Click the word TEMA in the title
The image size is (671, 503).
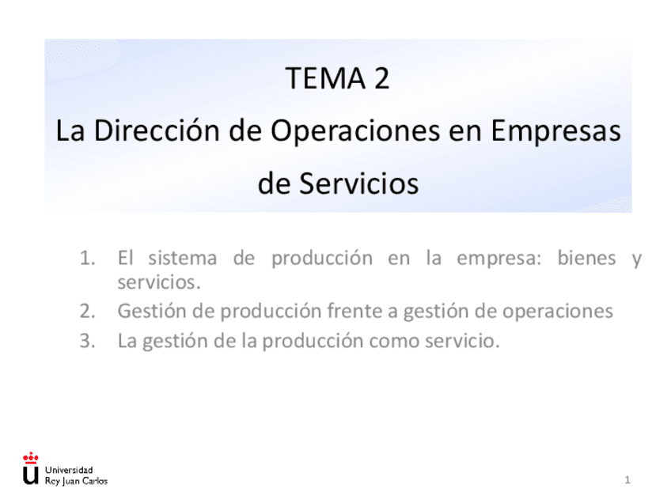[326, 78]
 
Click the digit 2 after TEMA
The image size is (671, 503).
[382, 78]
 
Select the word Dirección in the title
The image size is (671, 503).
[156, 130]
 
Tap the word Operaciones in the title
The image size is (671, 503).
[355, 130]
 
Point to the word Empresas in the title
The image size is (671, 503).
[556, 130]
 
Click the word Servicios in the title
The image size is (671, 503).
[359, 183]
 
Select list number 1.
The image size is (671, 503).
[87, 258]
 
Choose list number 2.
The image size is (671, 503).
[87, 311]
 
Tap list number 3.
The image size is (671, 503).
[87, 341]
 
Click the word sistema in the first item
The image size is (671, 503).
[182, 258]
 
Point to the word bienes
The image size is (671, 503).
[586, 258]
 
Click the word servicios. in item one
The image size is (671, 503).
[159, 282]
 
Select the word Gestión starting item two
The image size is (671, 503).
[152, 311]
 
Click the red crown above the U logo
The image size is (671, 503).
[30, 458]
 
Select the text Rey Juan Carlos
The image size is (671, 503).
[76, 481]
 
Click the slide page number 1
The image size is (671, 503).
[627, 480]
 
